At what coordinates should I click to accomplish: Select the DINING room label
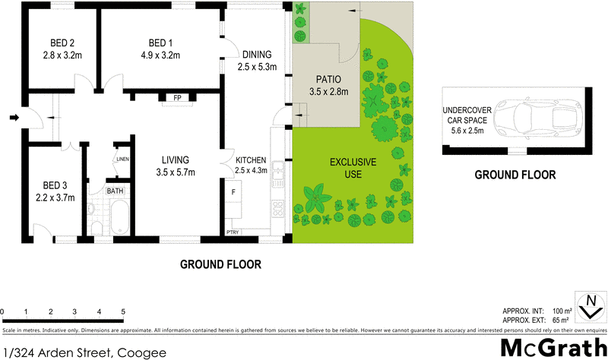coord(255,55)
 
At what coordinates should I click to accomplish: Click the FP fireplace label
coord(176,98)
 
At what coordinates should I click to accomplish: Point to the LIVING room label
coord(174,159)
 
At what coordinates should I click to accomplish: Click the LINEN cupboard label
coord(122,159)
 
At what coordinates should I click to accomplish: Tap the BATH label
coord(115,191)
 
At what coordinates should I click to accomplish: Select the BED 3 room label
coord(55,185)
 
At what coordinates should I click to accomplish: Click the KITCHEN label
coord(251,160)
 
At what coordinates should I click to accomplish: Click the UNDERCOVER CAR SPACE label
coord(468,118)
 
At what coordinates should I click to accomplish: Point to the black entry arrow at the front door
coord(14,118)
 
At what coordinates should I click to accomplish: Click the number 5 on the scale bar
coord(123,312)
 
